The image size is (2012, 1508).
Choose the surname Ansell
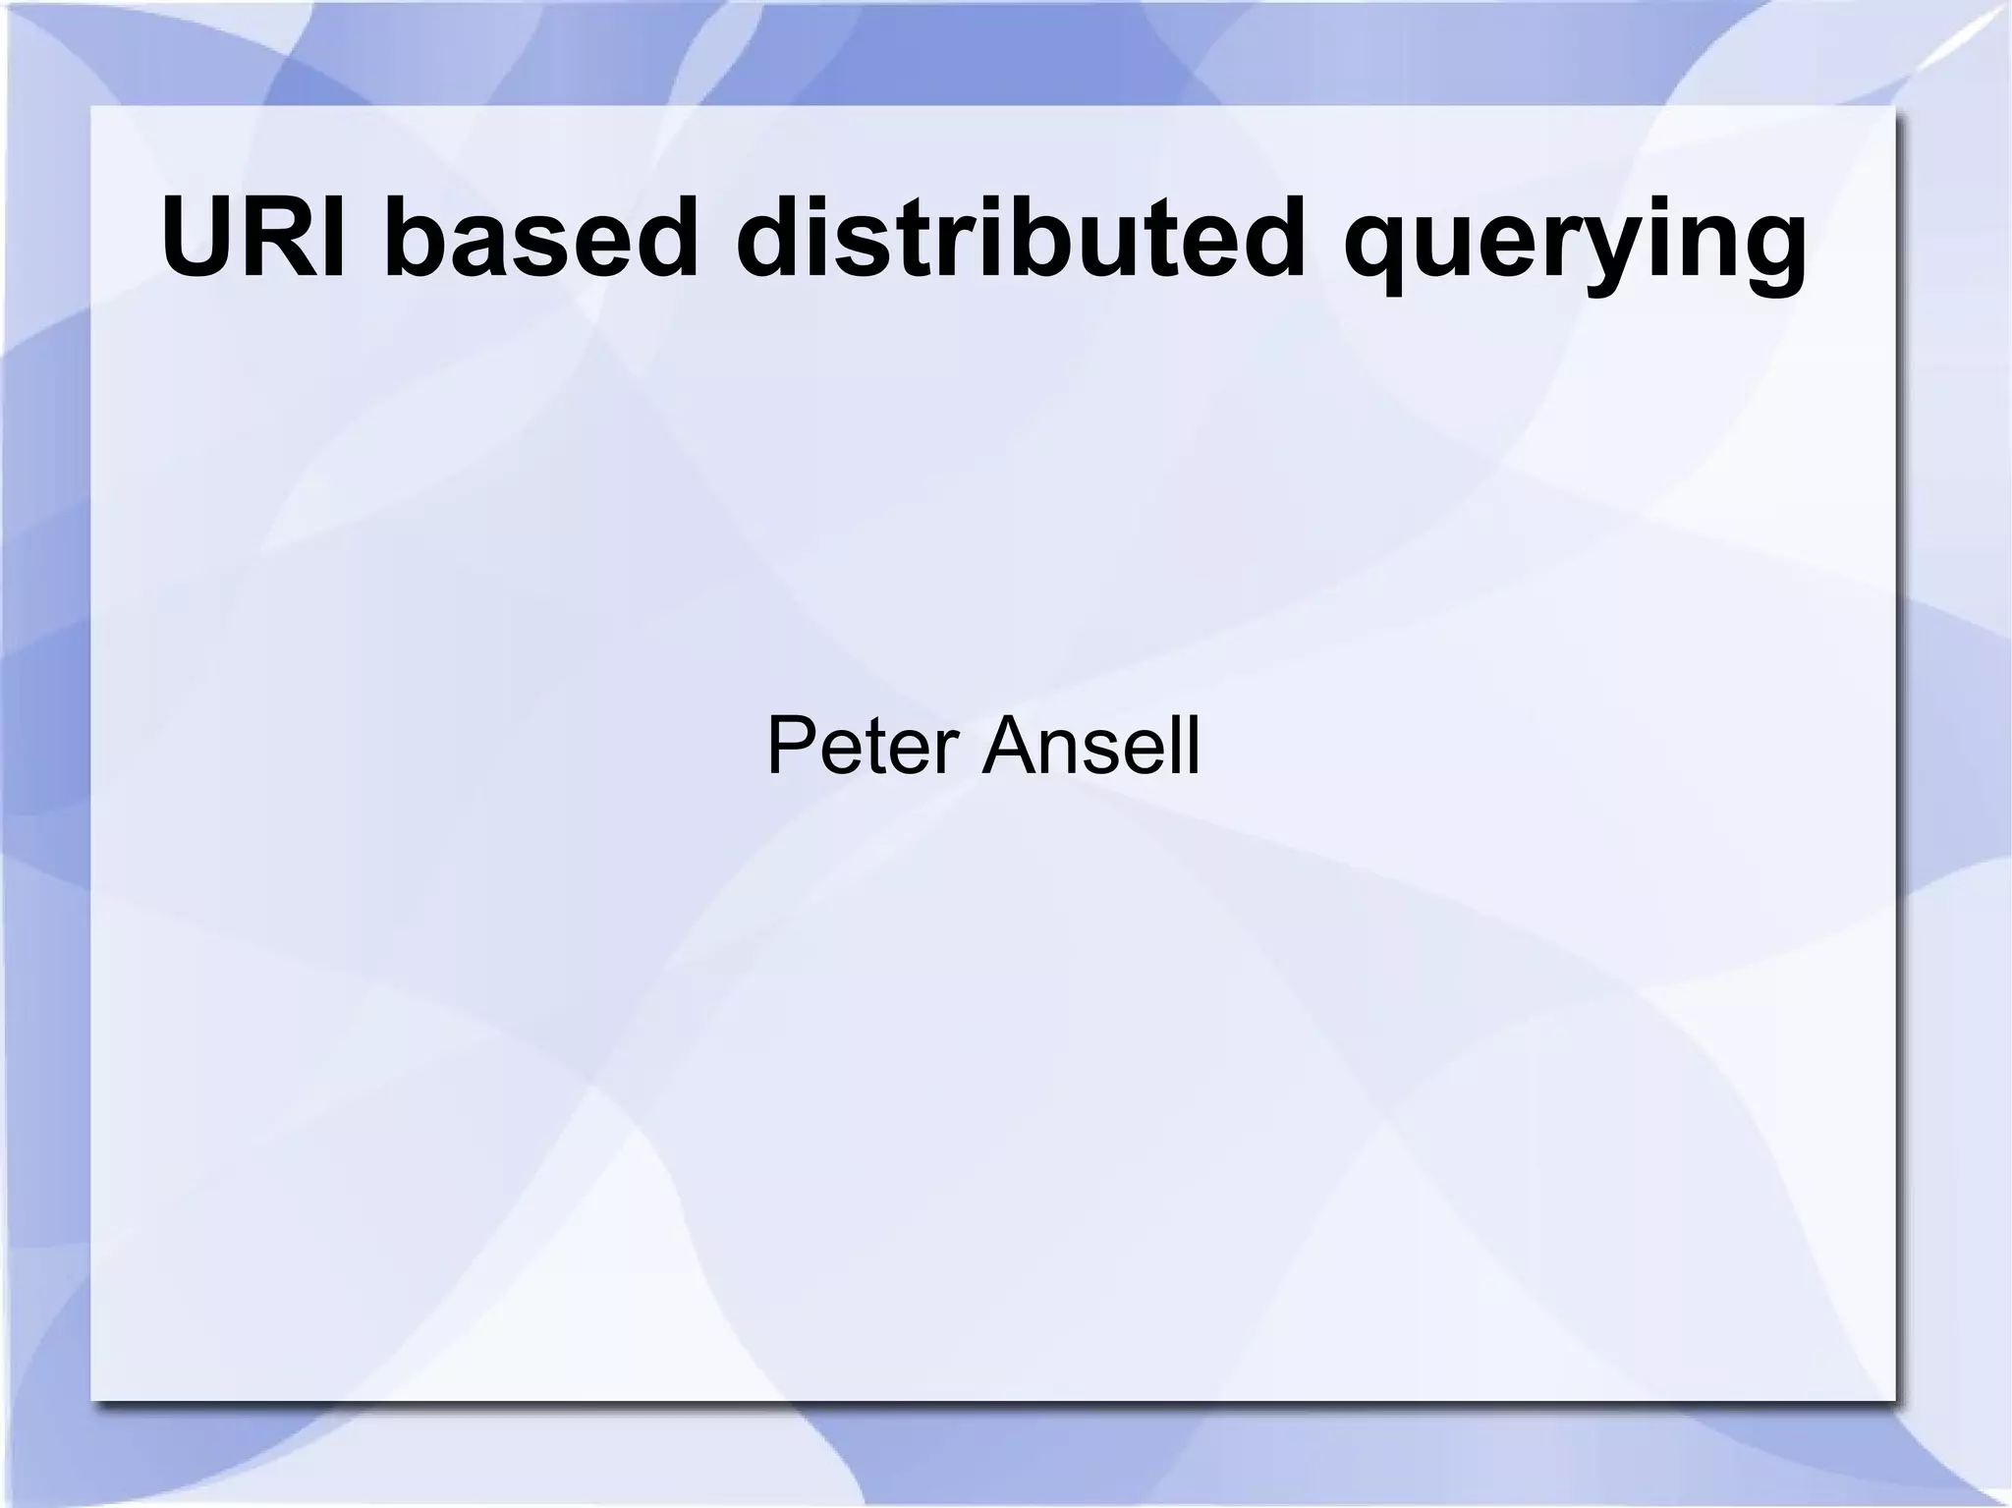[x=1091, y=747]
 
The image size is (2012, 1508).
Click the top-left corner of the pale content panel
[x=92, y=107]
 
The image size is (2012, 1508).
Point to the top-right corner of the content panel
[x=1893, y=107]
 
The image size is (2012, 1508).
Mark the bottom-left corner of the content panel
[x=92, y=1399]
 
